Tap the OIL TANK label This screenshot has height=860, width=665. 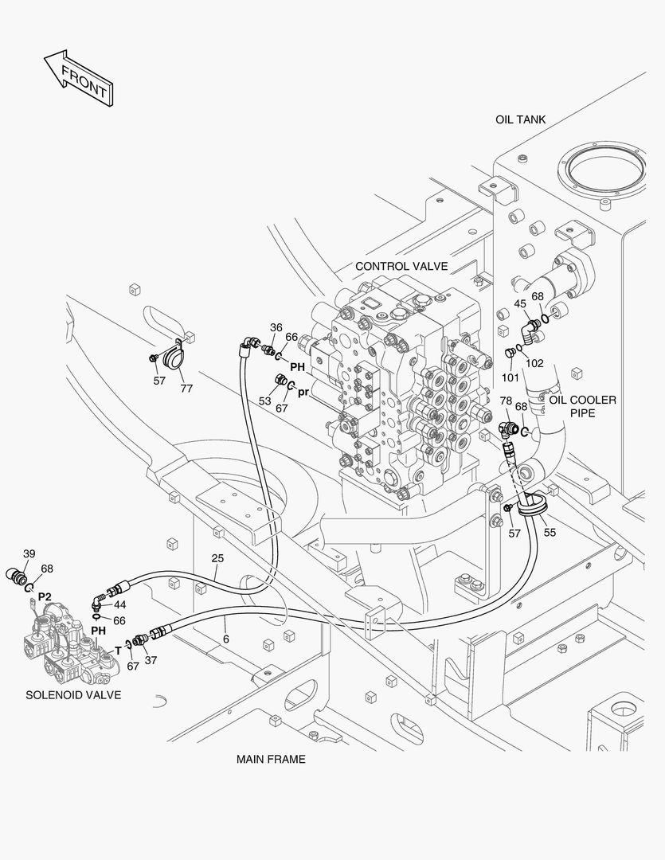click(x=520, y=119)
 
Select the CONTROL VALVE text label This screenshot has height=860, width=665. click(x=401, y=266)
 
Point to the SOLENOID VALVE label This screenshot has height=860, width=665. click(x=73, y=694)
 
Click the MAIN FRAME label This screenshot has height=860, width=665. click(x=271, y=759)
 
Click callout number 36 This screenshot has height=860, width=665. click(x=276, y=327)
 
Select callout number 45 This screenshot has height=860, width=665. click(x=519, y=303)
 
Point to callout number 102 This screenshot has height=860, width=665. click(x=534, y=363)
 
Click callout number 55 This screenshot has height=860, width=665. click(x=550, y=534)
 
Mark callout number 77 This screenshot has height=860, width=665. click(x=186, y=389)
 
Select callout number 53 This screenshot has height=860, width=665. click(x=264, y=401)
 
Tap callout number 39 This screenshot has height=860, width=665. click(x=29, y=553)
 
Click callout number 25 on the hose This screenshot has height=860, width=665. click(x=217, y=558)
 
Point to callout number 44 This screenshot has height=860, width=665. click(x=119, y=604)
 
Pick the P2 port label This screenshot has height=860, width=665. click(x=45, y=596)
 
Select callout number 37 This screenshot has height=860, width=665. click(x=151, y=659)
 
